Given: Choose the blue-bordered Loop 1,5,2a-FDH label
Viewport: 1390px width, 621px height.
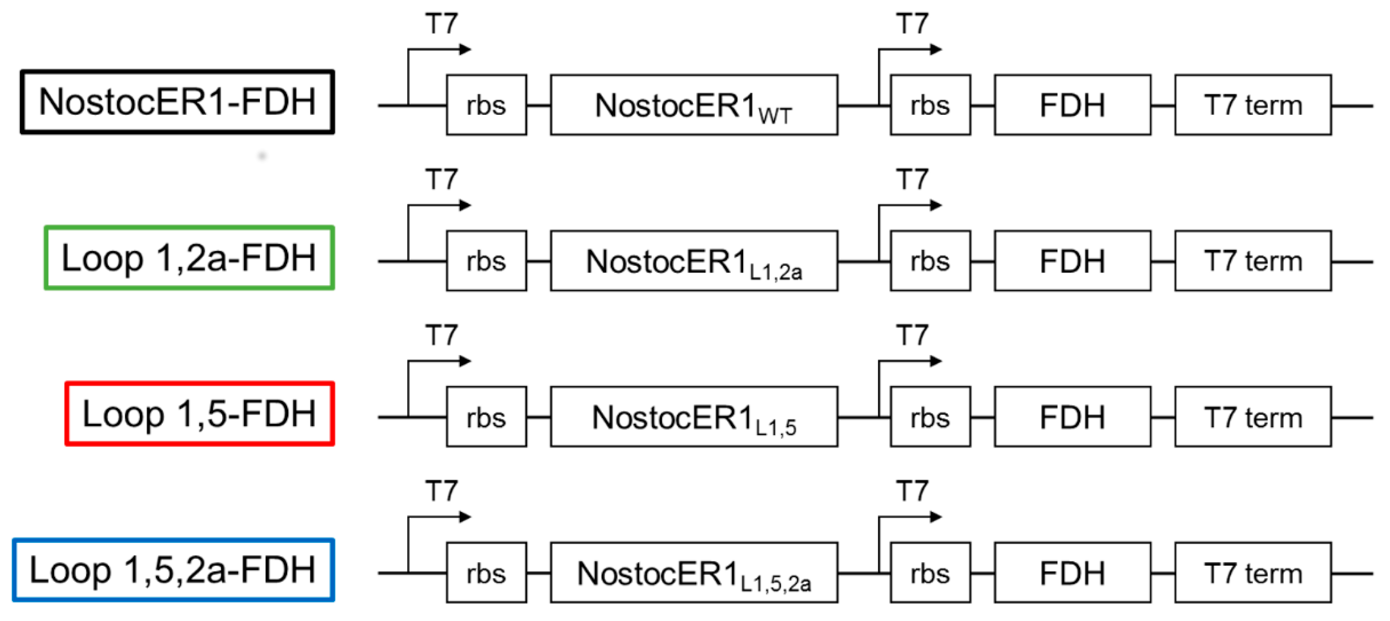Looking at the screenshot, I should pos(173,570).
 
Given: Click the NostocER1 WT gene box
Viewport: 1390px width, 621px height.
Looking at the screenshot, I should pos(693,105).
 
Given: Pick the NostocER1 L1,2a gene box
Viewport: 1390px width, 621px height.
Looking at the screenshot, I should pos(693,261).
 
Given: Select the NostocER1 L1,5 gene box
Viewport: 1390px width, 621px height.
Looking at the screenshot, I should pos(693,416).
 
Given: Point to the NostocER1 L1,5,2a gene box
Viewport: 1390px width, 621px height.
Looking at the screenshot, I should pos(693,572).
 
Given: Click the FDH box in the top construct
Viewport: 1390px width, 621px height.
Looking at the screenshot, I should pos(1072,105).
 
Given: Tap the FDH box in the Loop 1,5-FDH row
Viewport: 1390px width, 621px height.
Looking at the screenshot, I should pos(1072,416).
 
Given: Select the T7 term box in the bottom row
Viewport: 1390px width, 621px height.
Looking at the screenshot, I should pos(1253,572).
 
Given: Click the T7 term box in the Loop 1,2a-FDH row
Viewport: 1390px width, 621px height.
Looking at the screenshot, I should pos(1253,261).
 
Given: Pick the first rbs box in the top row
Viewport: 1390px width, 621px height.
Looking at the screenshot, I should pos(486,105).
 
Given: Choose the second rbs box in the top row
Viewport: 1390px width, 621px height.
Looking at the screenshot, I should pos(930,105).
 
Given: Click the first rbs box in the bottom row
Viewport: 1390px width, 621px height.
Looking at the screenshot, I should pos(486,572).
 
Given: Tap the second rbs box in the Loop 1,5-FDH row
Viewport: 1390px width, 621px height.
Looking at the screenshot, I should pos(930,416).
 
